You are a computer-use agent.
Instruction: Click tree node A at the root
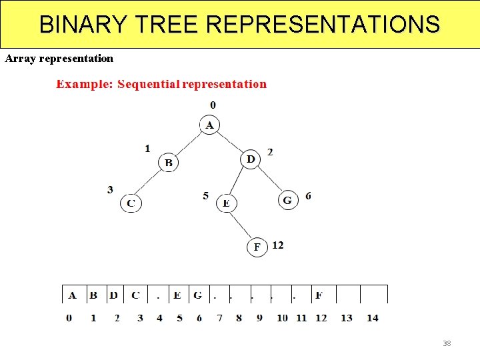click(210, 125)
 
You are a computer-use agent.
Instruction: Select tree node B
click(169, 162)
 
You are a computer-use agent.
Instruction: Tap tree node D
click(251, 159)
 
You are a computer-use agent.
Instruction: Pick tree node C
click(131, 203)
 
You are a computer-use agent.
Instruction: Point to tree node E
click(227, 203)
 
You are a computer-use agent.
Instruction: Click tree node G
click(287, 200)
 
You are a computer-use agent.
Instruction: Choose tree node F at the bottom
click(257, 247)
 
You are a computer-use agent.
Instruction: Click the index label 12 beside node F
click(278, 245)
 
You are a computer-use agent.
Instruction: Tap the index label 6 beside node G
click(308, 196)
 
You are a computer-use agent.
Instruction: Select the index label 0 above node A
click(213, 105)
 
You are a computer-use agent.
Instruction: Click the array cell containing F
click(319, 295)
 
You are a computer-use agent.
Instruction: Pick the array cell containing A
click(72, 295)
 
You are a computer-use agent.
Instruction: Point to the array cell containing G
click(198, 295)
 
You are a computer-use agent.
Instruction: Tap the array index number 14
click(373, 318)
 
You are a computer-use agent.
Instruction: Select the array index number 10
click(282, 318)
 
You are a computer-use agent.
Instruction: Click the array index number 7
click(219, 318)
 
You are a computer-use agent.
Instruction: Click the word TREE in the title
click(167, 25)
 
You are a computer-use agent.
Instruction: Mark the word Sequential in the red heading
click(148, 84)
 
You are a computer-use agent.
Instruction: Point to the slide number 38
click(447, 343)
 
